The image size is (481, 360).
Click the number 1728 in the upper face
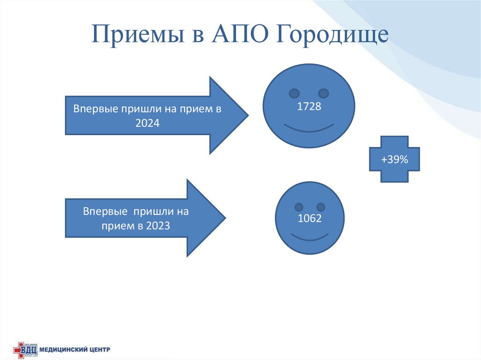tap(309, 107)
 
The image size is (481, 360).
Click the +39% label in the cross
tap(395, 160)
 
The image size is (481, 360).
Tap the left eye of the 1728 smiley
tap(294, 92)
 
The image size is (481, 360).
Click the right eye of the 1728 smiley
tap(323, 92)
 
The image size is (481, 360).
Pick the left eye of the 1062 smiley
tap(298, 207)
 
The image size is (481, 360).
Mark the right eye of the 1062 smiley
tap(321, 207)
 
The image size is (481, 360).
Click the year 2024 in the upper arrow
tap(147, 124)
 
